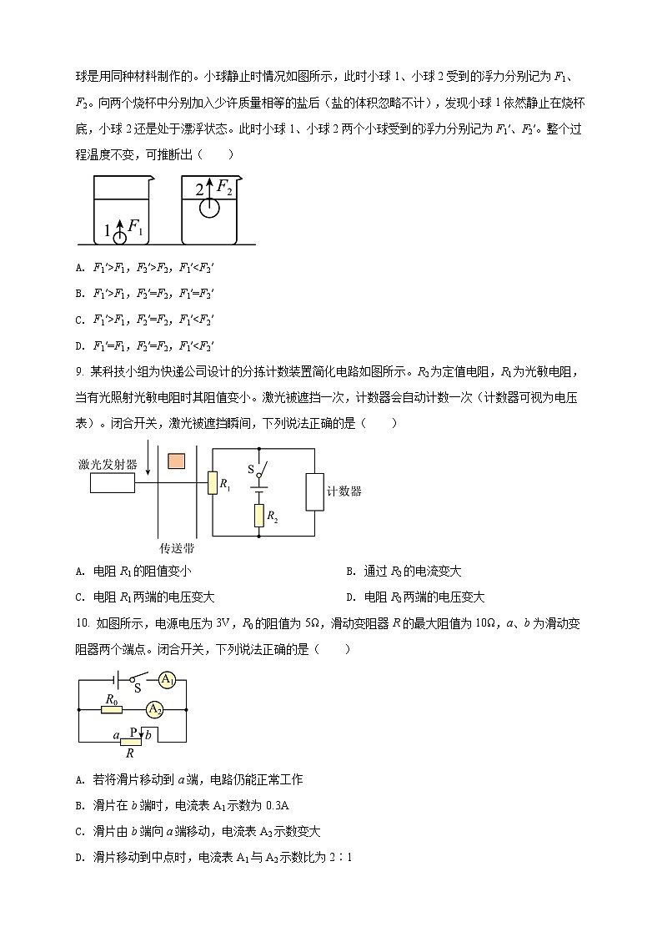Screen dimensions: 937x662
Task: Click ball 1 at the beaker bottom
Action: click(120, 236)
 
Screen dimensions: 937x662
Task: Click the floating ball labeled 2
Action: click(209, 207)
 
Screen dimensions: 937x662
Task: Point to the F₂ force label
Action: click(224, 188)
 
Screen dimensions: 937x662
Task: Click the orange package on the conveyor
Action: click(178, 461)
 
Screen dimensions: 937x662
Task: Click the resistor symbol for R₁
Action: click(212, 482)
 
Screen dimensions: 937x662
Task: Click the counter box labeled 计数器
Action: click(315, 491)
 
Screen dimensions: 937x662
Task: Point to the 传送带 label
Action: click(177, 548)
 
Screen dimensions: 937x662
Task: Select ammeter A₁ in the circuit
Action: click(168, 680)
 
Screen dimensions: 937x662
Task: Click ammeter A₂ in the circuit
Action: click(153, 709)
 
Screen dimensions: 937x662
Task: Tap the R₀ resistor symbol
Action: click(111, 709)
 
